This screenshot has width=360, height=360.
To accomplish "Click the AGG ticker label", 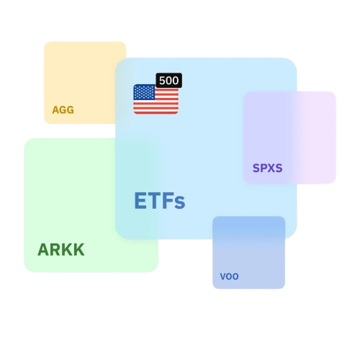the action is (x=63, y=110).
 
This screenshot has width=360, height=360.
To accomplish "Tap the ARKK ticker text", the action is (x=61, y=250).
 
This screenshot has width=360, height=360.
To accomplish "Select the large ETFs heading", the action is (x=160, y=201).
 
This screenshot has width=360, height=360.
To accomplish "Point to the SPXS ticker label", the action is (x=268, y=168).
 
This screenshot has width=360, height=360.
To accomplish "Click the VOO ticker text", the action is (x=229, y=276).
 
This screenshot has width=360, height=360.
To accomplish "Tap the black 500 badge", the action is (x=169, y=81).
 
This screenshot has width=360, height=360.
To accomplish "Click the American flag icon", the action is (x=156, y=99).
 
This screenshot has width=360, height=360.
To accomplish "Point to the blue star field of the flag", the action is (x=144, y=92).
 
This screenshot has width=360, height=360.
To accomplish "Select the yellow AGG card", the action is (x=85, y=83).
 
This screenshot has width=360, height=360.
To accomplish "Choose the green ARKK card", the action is (x=91, y=205).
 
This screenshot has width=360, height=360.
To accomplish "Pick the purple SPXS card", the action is (x=289, y=138).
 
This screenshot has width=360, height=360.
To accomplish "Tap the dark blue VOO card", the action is (x=249, y=253).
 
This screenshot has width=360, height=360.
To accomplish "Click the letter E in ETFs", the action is (x=140, y=201).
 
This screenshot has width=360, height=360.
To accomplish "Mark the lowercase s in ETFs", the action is (x=179, y=203).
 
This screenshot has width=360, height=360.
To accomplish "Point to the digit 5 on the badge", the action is (x=163, y=81).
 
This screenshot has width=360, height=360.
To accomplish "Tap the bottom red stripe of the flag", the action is (x=156, y=112).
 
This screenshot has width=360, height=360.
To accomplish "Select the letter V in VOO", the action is (x=223, y=276).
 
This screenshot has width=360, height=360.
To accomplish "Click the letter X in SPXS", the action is (x=271, y=168).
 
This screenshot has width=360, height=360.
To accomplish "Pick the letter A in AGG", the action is (x=55, y=110).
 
